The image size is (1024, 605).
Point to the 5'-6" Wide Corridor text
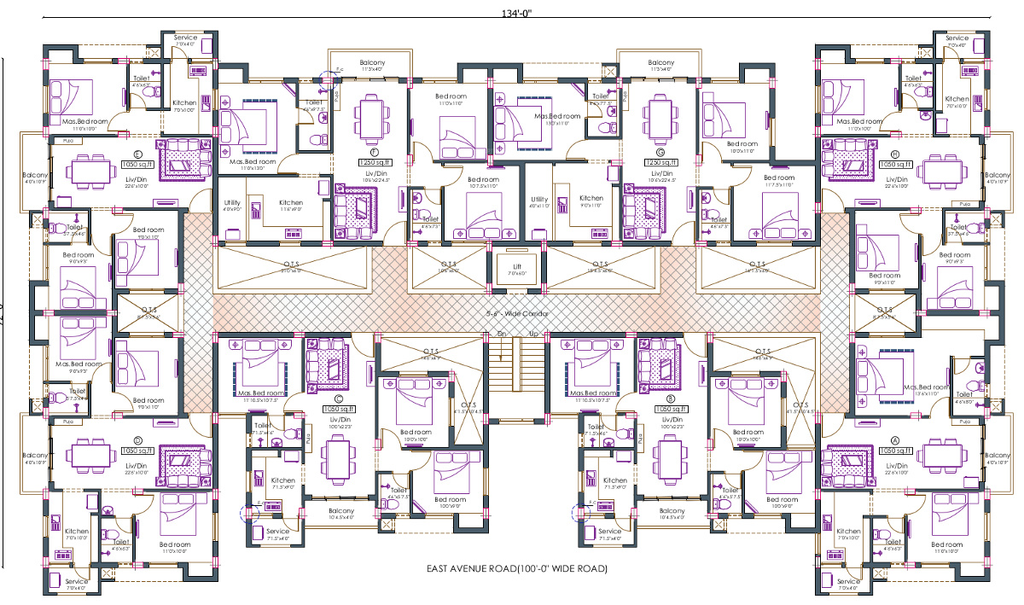tap(516, 313)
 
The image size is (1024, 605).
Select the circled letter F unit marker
tap(362, 152)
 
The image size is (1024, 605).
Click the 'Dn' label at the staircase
tap(502, 334)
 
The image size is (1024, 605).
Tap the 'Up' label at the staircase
tap(534, 334)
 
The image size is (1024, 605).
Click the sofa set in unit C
tap(328, 364)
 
